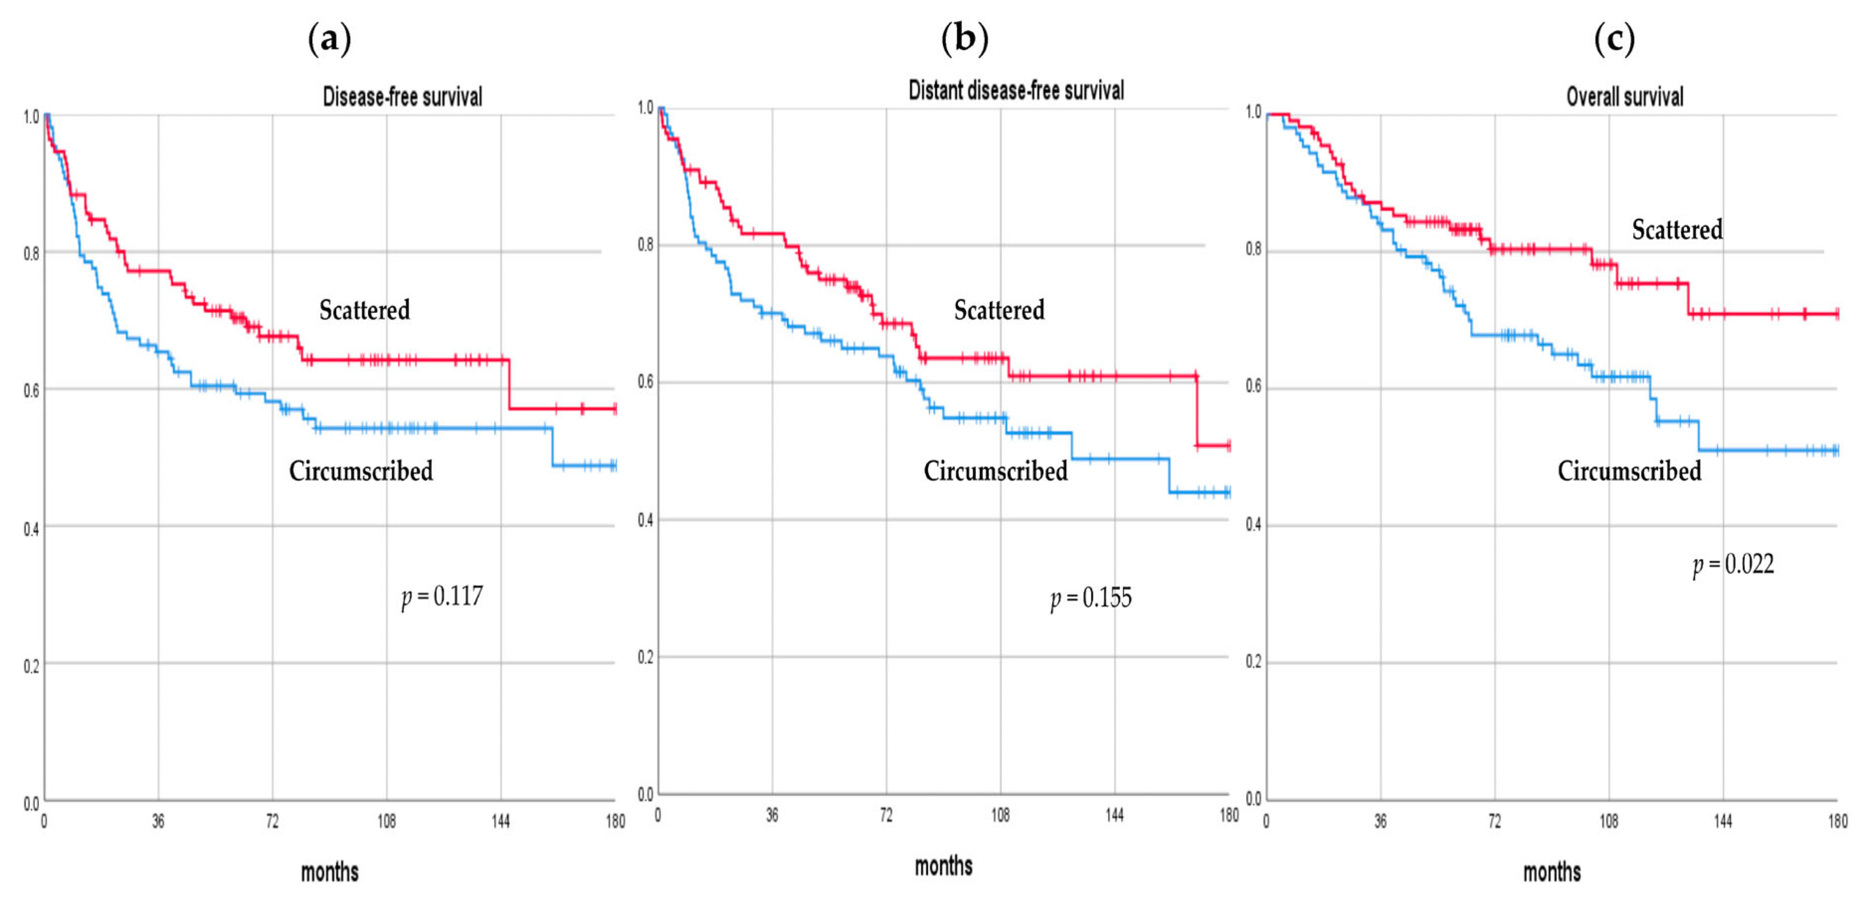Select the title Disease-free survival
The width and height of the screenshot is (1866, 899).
tap(402, 96)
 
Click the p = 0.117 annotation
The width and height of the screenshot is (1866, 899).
tap(442, 597)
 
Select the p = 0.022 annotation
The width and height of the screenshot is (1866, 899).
tap(1733, 565)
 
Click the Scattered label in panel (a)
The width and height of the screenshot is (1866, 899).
tap(364, 310)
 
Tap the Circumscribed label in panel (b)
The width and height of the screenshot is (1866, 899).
tap(995, 471)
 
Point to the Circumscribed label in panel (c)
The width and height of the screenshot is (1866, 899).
tap(1629, 471)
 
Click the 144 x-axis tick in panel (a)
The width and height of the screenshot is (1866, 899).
tap(501, 821)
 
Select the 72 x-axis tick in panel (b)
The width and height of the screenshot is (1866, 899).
tap(886, 815)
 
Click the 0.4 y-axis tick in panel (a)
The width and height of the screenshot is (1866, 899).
tap(31, 529)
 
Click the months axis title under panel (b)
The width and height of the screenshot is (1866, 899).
tap(943, 866)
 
